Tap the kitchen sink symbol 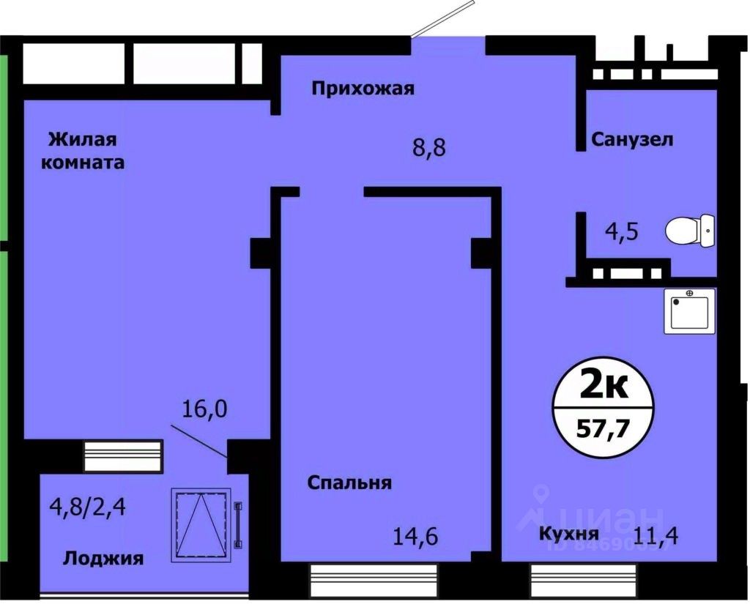pyautogui.click(x=690, y=311)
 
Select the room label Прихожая pyautogui.click(x=363, y=89)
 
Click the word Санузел pyautogui.click(x=632, y=139)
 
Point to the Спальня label pyautogui.click(x=349, y=483)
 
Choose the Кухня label pyautogui.click(x=569, y=533)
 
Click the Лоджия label pyautogui.click(x=103, y=559)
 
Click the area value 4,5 pyautogui.click(x=621, y=232)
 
